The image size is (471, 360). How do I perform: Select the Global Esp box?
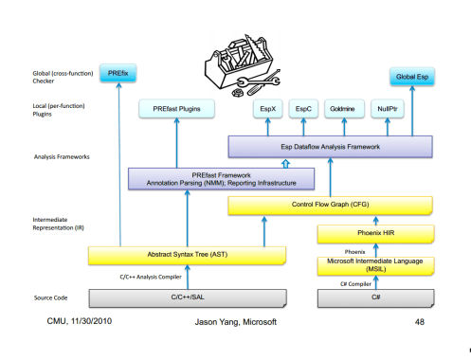click(411, 77)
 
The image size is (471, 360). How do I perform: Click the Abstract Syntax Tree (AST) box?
click(188, 254)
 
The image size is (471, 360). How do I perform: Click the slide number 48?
click(419, 322)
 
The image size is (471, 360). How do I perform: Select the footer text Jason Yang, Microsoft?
click(231, 323)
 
